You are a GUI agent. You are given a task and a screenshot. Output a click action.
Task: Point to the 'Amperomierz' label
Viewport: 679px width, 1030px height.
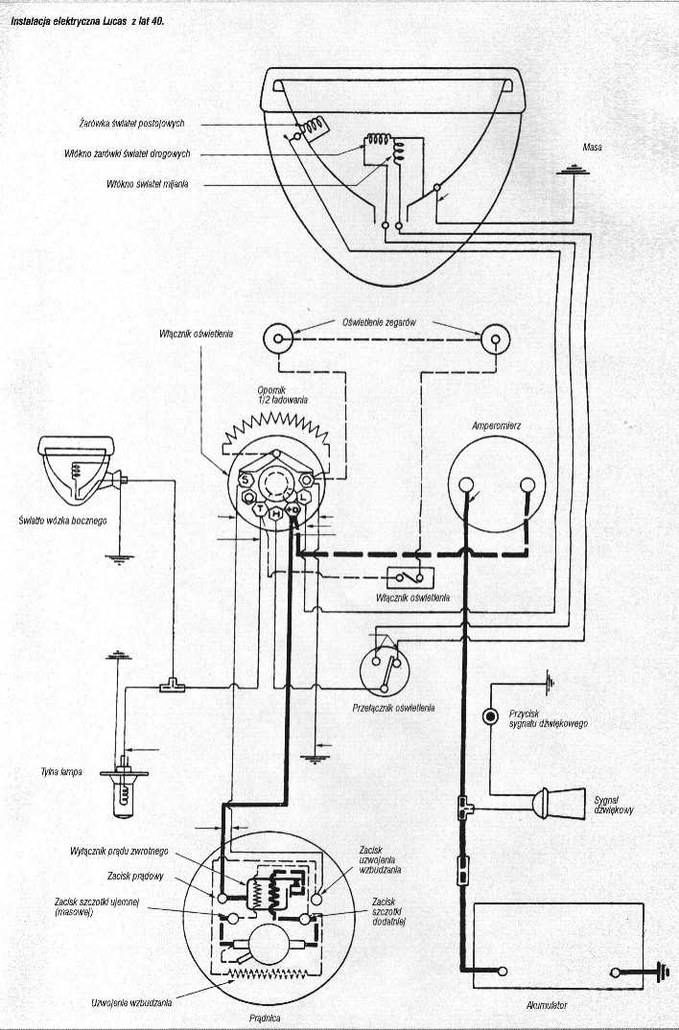pos(496,423)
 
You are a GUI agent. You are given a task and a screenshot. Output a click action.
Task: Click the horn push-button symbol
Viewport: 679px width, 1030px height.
pos(490,716)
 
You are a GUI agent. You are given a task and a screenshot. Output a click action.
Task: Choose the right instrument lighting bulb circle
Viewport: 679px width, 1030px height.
pos(495,338)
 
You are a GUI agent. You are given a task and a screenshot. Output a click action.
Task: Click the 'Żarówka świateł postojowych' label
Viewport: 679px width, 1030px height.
pos(138,124)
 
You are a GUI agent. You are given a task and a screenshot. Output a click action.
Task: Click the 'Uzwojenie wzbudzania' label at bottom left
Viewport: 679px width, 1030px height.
pos(131,1002)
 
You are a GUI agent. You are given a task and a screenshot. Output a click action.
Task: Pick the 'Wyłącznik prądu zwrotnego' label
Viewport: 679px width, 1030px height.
pos(120,851)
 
